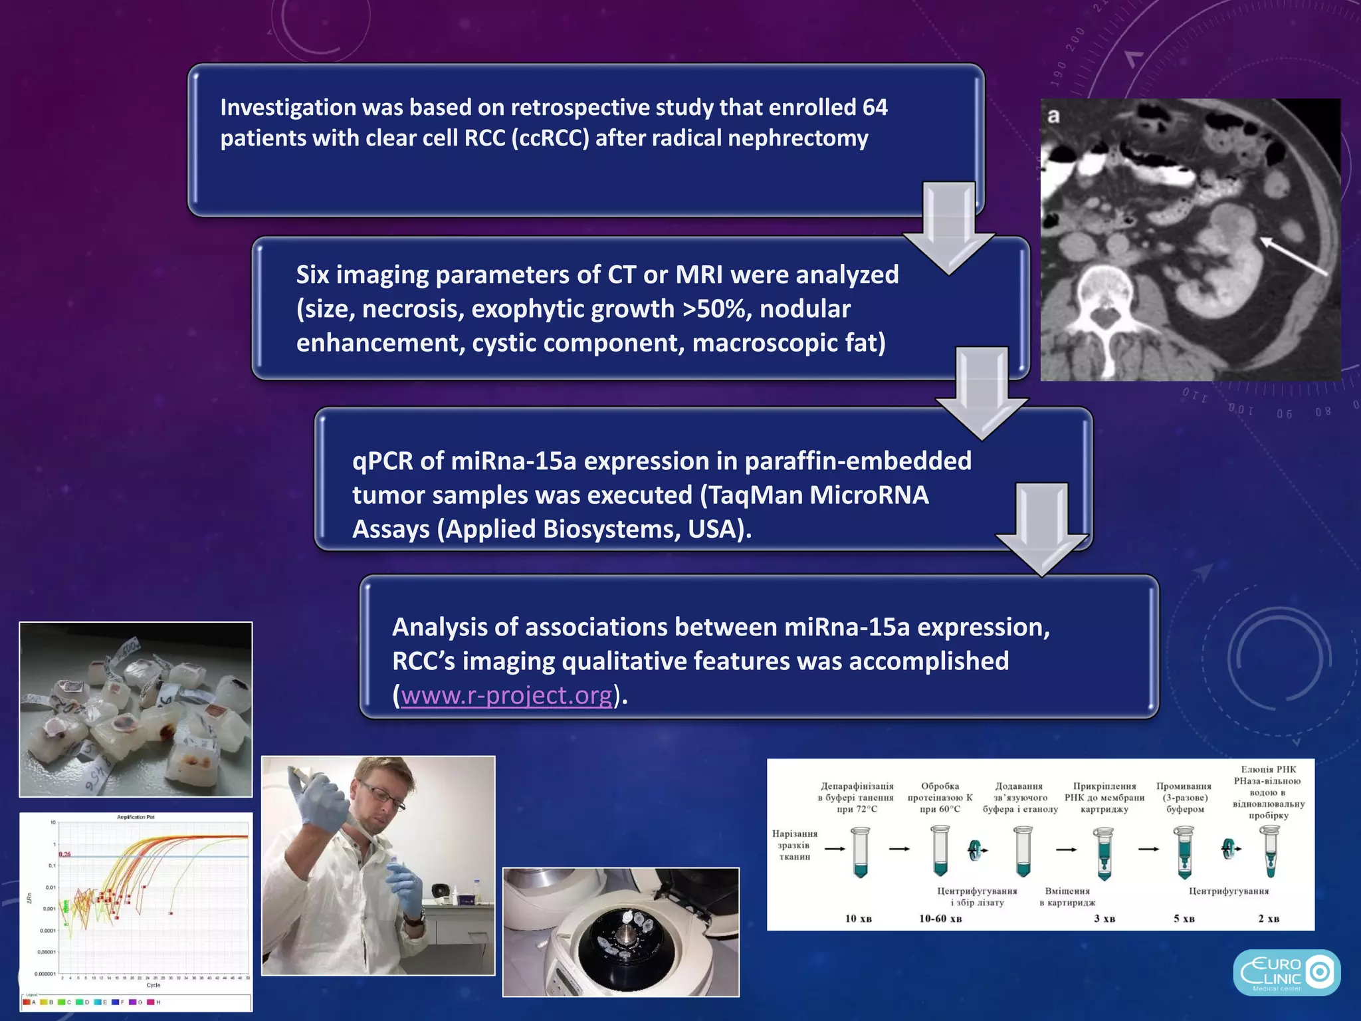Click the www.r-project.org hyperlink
pyautogui.click(x=506, y=695)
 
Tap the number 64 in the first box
pyautogui.click(x=875, y=108)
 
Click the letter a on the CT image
pyautogui.click(x=1053, y=116)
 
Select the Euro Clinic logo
pyautogui.click(x=1286, y=972)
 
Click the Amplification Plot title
pyautogui.click(x=136, y=817)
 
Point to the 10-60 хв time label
pyautogui.click(x=940, y=919)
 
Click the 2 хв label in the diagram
pyautogui.click(x=1268, y=919)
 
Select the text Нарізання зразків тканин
pyautogui.click(x=794, y=845)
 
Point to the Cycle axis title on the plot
pyautogui.click(x=153, y=985)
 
